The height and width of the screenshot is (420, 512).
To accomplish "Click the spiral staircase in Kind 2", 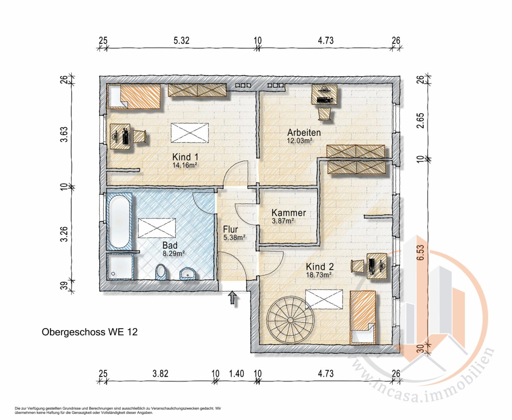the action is coord(291,320).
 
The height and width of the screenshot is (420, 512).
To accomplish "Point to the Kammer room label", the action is coord(288,213).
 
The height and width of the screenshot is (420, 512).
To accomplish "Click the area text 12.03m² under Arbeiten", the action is coord(299,141).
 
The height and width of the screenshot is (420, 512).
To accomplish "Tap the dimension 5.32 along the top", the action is coord(181,40).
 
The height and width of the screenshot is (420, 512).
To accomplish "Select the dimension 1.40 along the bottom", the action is coord(237,373).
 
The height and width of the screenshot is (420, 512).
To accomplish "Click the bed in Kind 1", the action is coord(134,96).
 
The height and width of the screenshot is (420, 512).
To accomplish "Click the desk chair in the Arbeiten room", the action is coord(325,114).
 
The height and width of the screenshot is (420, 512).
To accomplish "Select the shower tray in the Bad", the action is coord(120,267).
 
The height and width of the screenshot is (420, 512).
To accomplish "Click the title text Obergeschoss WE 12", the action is coord(89,332).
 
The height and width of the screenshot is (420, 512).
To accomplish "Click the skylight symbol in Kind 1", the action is coord(190,133).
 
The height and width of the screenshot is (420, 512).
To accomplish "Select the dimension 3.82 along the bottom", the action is coord(161,373).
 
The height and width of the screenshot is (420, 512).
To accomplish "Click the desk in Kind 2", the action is coord(377,266).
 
